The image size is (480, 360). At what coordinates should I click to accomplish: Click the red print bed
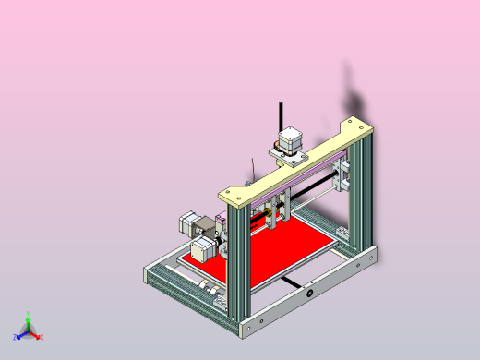click(277, 254)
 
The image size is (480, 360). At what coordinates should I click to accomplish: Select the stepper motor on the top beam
click(288, 140)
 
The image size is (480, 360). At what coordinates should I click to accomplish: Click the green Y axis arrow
click(29, 325)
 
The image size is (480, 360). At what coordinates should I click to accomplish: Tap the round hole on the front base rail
click(310, 294)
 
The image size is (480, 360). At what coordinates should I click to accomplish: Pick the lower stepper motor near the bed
click(204, 247)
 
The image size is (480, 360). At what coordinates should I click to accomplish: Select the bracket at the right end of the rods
click(344, 176)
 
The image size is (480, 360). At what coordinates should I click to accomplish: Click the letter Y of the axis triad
click(29, 314)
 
